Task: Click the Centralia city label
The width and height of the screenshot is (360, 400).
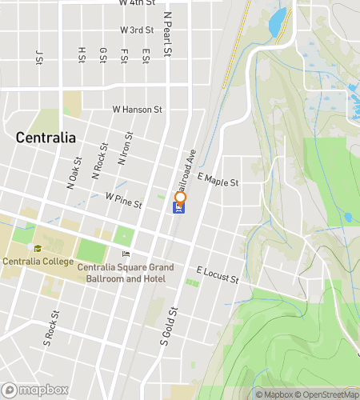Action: (46, 138)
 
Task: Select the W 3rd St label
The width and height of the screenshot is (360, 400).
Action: (137, 30)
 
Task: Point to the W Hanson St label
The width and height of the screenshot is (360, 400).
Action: (137, 109)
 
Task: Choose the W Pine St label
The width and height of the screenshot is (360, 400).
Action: (123, 199)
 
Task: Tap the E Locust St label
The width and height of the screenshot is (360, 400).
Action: (218, 275)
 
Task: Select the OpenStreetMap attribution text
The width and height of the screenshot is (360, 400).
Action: (327, 394)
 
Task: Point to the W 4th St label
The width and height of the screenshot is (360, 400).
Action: (137, 3)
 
